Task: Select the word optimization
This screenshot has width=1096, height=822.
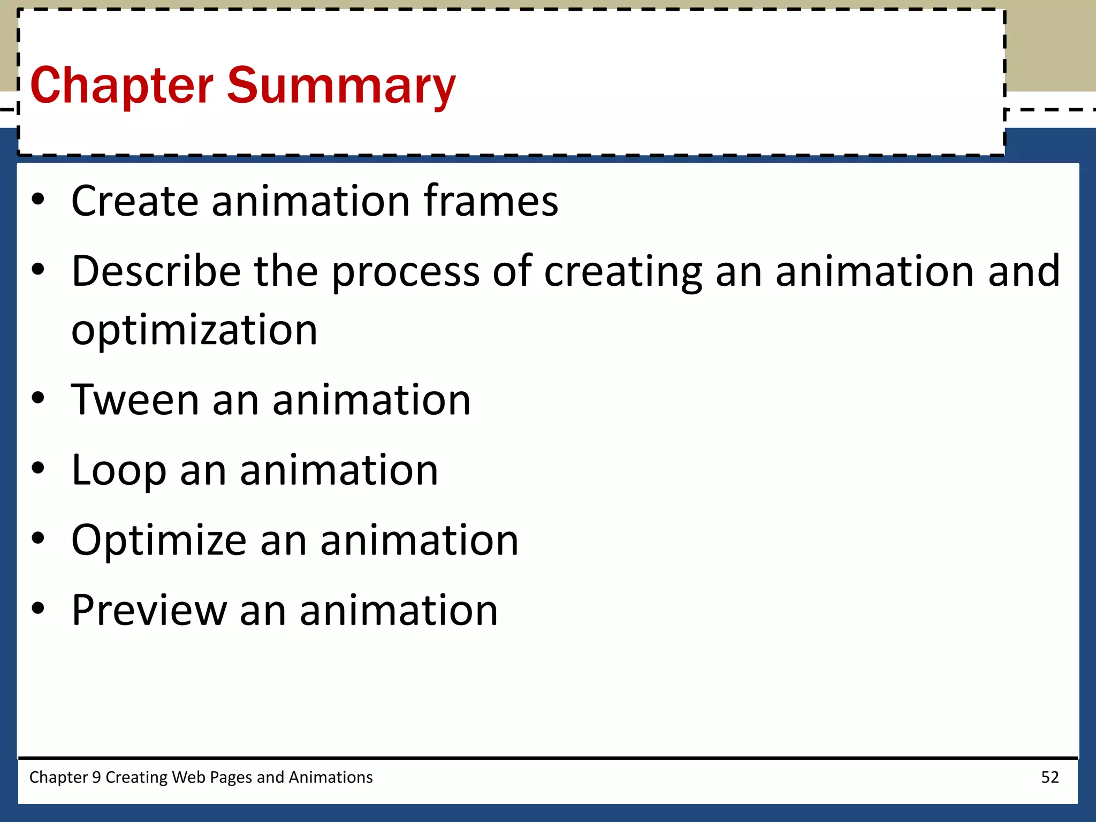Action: pyautogui.click(x=194, y=331)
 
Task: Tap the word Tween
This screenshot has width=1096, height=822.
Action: pyautogui.click(x=135, y=400)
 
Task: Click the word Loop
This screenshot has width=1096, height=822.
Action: pyautogui.click(x=119, y=471)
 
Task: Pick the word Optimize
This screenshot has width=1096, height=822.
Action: pyautogui.click(x=158, y=541)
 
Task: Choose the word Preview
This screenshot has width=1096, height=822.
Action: pyautogui.click(x=149, y=611)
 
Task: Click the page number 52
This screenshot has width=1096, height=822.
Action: pyautogui.click(x=1049, y=777)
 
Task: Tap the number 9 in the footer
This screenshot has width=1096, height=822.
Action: pyautogui.click(x=96, y=777)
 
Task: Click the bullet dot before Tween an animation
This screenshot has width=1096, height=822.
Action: pyautogui.click(x=37, y=398)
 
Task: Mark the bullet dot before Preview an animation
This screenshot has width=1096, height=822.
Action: pyautogui.click(x=37, y=608)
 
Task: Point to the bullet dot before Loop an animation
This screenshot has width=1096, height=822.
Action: pyautogui.click(x=37, y=468)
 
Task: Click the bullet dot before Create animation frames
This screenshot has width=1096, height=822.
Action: pyautogui.click(x=37, y=199)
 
